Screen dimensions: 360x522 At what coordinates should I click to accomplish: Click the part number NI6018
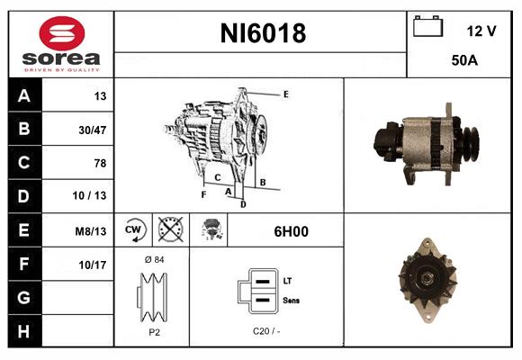pyautogui.click(x=263, y=34)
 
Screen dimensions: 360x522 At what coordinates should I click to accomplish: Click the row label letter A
pyautogui.click(x=23, y=96)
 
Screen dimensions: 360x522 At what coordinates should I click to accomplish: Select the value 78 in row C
pyautogui.click(x=99, y=164)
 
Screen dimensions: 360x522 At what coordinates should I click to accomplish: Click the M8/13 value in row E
pyautogui.click(x=90, y=231)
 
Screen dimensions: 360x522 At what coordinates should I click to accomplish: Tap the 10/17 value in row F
pyautogui.click(x=93, y=265)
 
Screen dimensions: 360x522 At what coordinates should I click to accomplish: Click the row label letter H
pyautogui.click(x=23, y=330)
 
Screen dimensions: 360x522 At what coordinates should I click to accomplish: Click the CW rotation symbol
pyautogui.click(x=134, y=230)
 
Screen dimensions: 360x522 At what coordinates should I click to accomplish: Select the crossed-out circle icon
pyautogui.click(x=168, y=230)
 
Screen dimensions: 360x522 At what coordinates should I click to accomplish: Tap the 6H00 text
pyautogui.click(x=291, y=231)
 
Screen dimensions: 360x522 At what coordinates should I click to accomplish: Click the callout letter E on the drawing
pyautogui.click(x=285, y=94)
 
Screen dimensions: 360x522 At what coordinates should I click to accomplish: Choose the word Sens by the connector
pyautogui.click(x=292, y=300)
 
